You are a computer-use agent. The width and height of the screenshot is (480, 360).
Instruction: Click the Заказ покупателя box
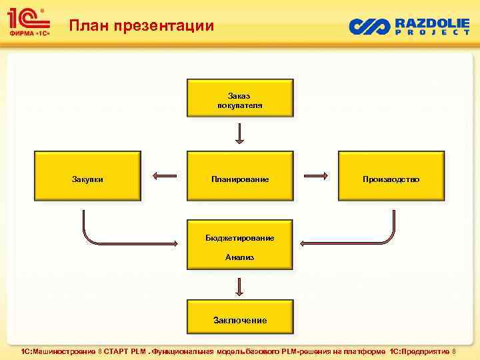point(240,97)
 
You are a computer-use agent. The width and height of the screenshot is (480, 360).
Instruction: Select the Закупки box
point(87,176)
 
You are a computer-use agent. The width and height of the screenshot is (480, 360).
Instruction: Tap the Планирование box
point(240,176)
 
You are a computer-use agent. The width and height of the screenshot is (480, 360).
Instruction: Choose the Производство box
point(391,176)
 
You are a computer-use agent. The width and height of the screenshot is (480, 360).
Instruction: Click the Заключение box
point(240,317)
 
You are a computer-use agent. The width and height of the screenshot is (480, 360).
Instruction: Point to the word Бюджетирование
point(240,238)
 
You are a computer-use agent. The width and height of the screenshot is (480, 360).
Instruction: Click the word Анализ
point(239,257)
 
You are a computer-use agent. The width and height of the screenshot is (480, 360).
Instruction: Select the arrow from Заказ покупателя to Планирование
point(240,133)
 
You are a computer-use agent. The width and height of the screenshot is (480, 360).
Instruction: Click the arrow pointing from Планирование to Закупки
point(164,176)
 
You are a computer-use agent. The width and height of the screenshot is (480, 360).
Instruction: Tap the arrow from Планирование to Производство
point(316,176)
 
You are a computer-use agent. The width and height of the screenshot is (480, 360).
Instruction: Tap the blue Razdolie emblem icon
point(369,26)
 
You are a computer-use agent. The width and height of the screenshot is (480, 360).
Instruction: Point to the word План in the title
point(89,26)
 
